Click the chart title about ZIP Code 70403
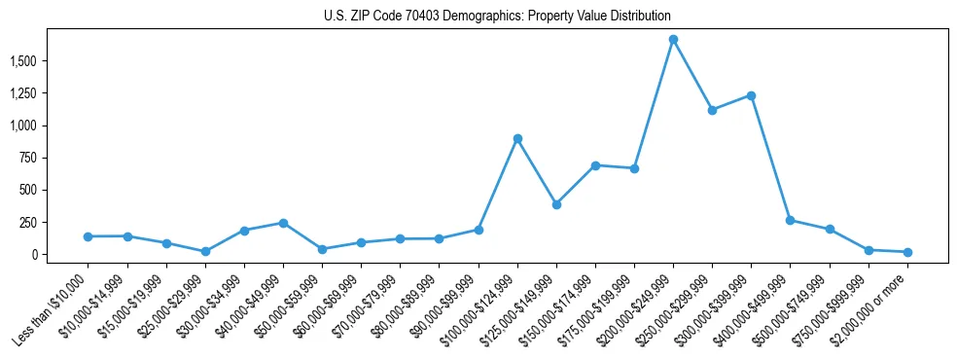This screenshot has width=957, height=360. pos(497,17)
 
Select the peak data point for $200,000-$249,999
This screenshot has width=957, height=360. pos(673,40)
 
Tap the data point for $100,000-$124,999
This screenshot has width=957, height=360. pos(517,138)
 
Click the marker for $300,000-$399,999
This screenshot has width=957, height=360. pos(751,95)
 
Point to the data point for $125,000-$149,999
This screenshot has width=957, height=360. pos(556,204)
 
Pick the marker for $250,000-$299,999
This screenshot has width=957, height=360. pos(712,110)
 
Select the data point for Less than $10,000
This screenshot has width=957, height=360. pos(88,236)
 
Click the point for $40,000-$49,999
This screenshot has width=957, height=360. pos(283,223)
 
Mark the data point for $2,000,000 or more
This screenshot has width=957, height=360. pos(907,252)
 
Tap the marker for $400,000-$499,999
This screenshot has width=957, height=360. pos(790,220)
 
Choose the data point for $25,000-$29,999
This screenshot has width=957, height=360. pos(205,251)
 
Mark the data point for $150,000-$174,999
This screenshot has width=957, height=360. pos(595,165)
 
